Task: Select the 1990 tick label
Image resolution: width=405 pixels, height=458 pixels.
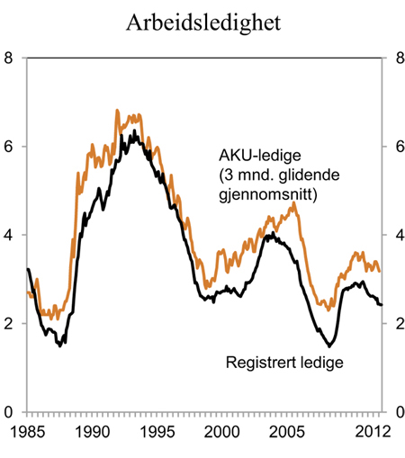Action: [x=94, y=432]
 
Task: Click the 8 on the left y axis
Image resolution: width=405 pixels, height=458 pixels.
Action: [x=9, y=58]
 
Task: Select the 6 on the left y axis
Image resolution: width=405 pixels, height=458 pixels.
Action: [x=9, y=147]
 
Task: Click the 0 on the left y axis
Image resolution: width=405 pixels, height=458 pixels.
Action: [x=9, y=411]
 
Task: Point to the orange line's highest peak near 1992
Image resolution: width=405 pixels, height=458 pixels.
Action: [x=117, y=111]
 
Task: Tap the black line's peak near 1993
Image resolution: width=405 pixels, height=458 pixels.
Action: [x=134, y=131]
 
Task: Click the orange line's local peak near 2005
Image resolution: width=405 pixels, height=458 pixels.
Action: [x=293, y=203]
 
